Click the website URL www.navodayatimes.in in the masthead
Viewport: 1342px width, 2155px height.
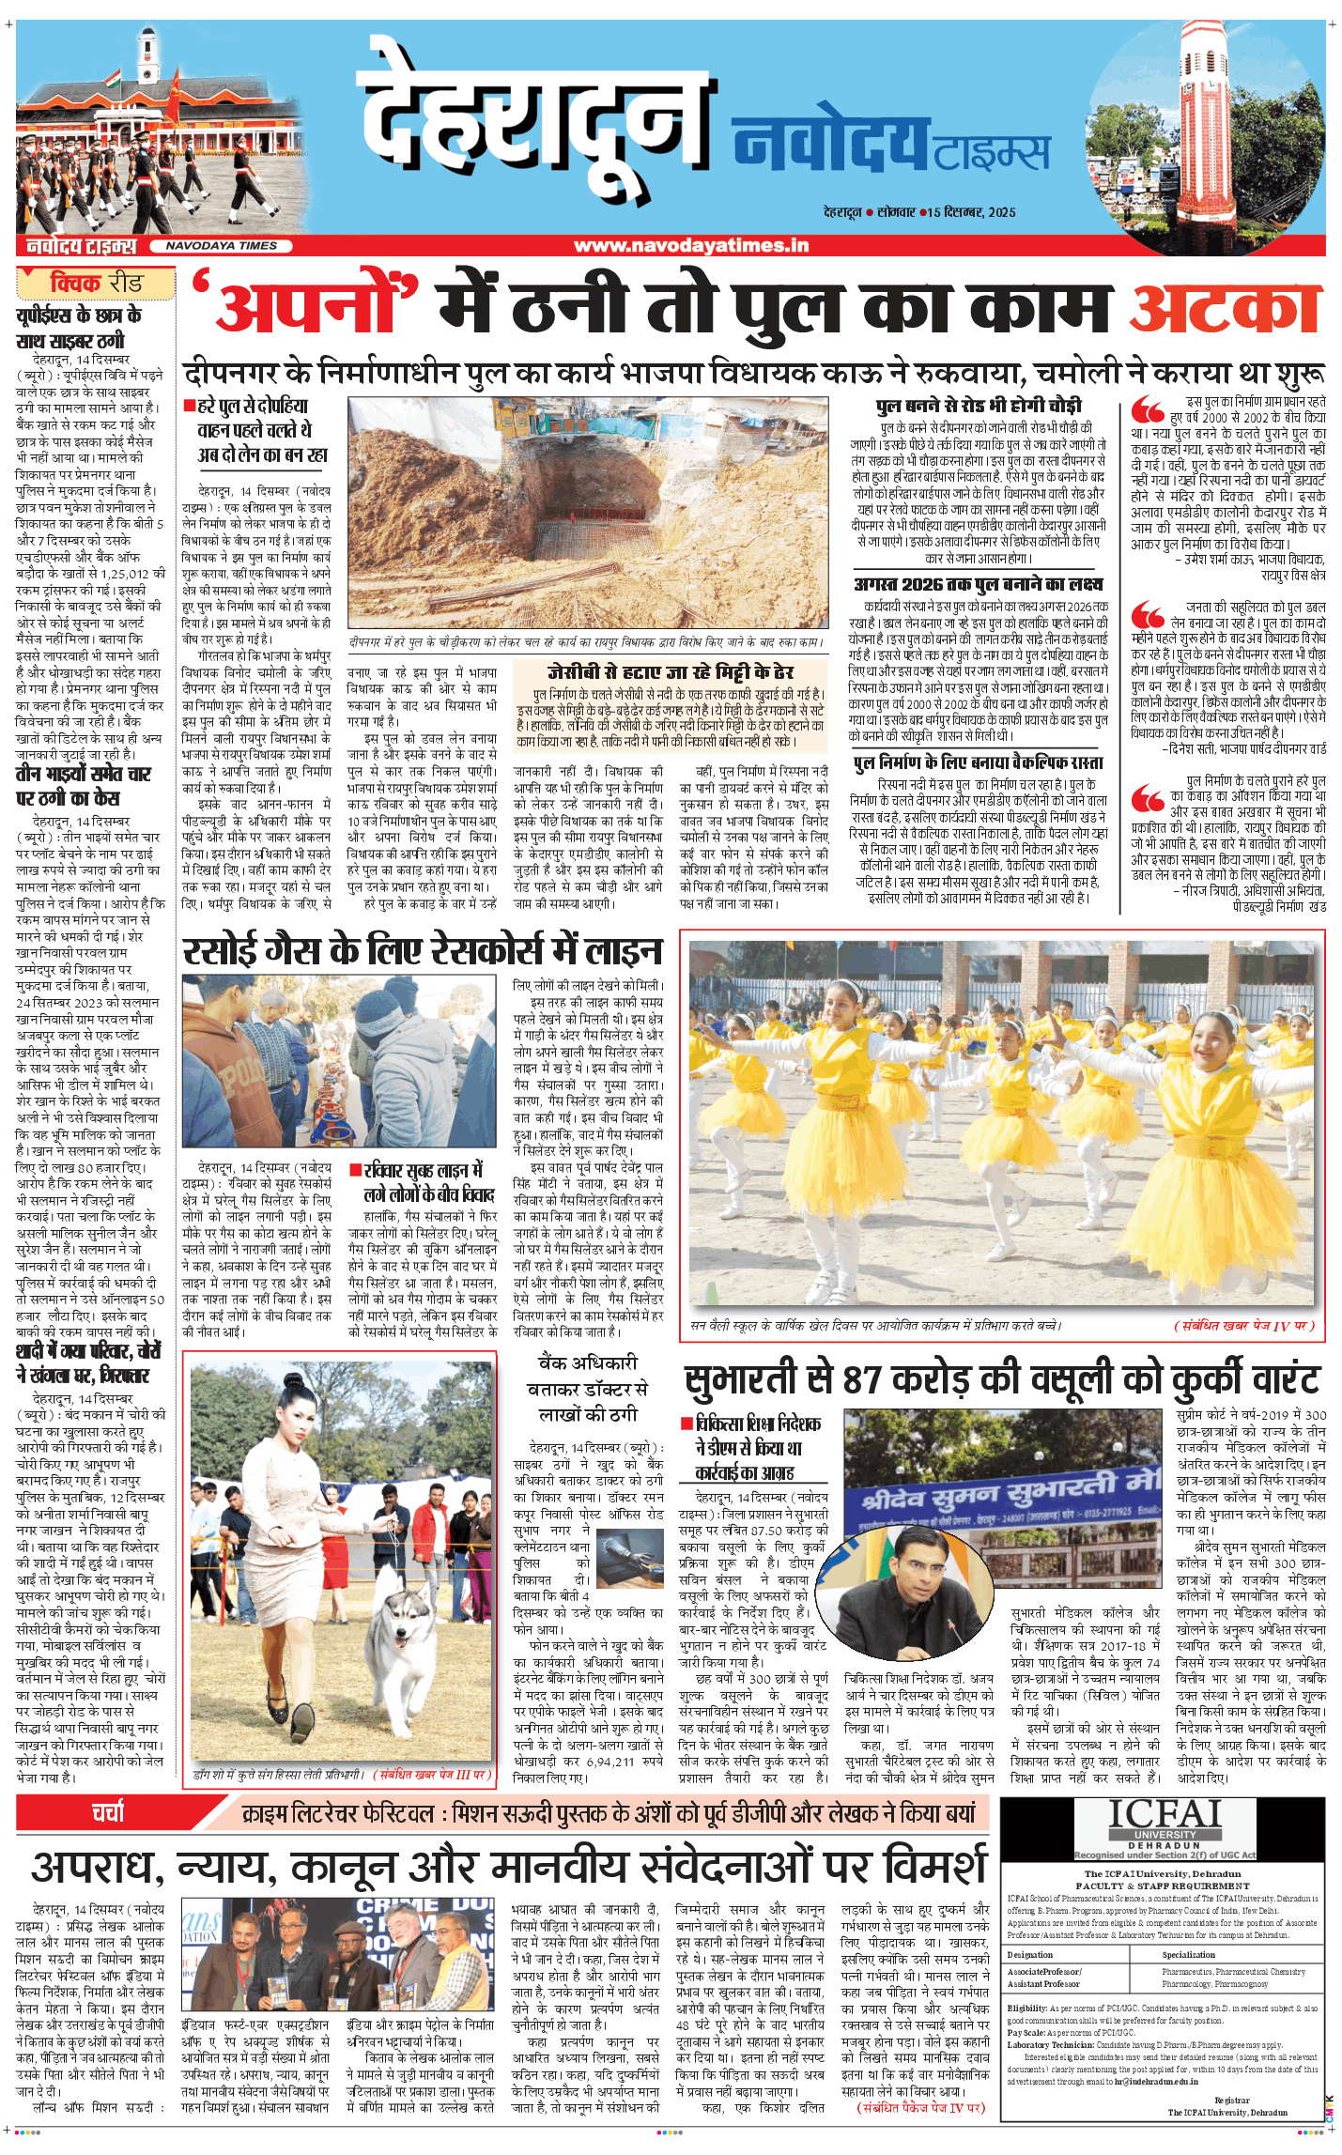[x=690, y=246]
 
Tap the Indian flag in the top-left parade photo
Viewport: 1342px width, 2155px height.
[x=113, y=81]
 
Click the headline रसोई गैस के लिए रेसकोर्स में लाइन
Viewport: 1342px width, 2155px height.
[x=423, y=951]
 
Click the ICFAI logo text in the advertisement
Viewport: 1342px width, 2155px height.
[x=1165, y=1815]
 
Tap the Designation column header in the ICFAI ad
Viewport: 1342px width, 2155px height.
[x=1030, y=1954]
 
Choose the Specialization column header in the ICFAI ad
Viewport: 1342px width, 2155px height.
[x=1188, y=1954]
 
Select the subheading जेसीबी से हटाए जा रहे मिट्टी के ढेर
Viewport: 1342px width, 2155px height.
[x=671, y=672]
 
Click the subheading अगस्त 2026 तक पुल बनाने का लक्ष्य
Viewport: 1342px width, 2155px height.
[x=979, y=584]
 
